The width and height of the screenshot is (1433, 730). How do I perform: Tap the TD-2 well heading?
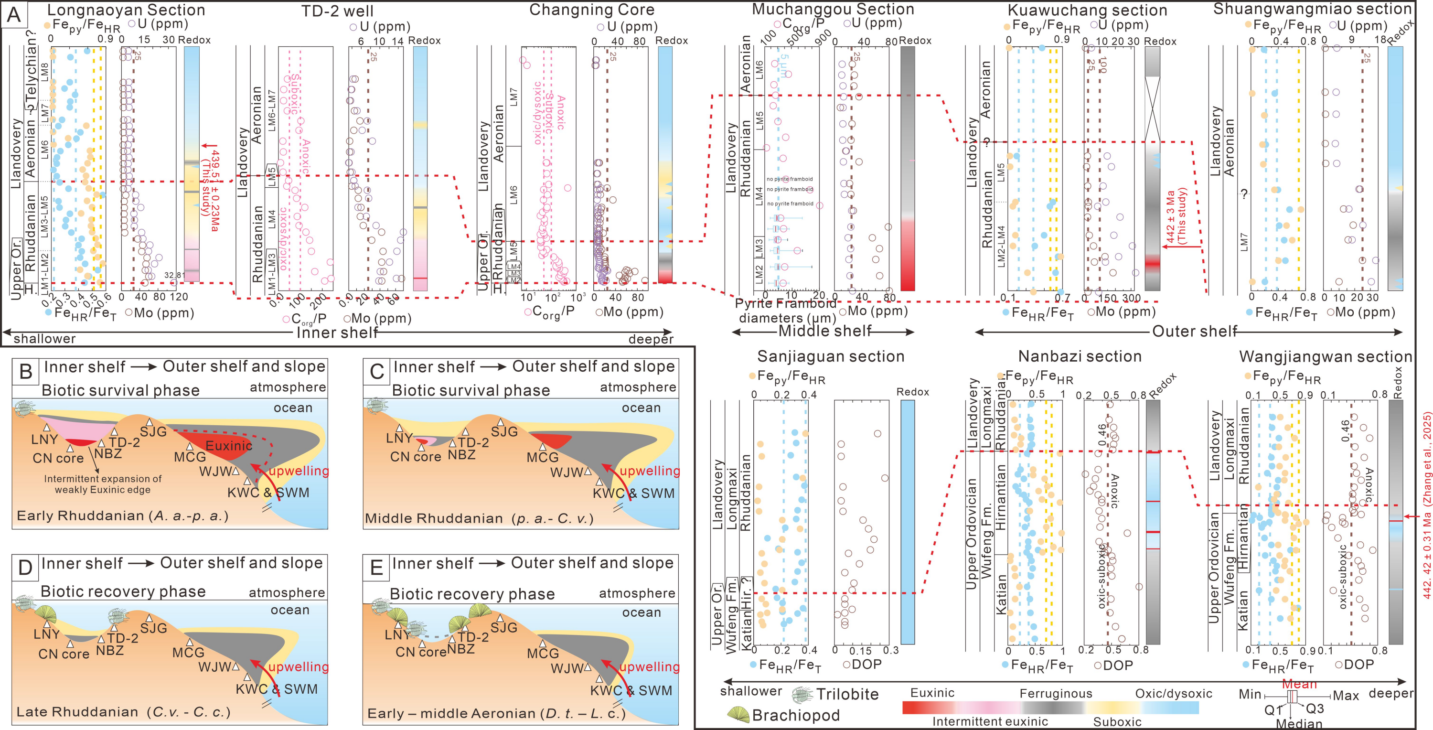pos(337,11)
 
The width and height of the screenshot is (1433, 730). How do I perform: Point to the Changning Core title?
pos(591,10)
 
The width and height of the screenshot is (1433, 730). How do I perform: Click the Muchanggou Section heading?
pos(833,10)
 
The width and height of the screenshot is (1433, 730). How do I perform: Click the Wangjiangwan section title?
pos(1326,357)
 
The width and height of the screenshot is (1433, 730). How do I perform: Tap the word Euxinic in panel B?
pos(229,446)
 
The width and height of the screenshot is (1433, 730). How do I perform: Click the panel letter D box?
pos(25,568)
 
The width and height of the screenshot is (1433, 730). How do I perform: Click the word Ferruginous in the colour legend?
pos(1055,693)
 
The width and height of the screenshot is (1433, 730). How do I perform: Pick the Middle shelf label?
pos(824,332)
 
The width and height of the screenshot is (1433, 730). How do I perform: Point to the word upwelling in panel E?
pos(649,666)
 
